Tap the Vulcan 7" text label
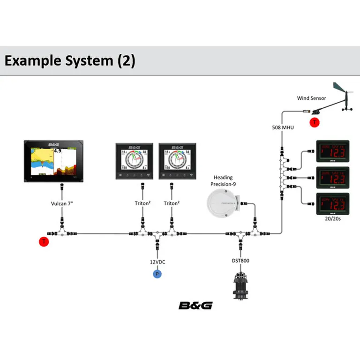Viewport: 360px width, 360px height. tap(61, 203)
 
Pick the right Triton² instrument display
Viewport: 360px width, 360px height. tap(178, 160)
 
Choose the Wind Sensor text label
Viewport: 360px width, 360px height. tap(311, 98)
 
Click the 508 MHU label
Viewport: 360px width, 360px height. tap(283, 127)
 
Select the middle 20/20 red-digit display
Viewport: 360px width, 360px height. tap(332, 177)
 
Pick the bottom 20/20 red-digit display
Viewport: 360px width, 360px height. tap(332, 203)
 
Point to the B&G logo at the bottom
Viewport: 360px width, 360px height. tap(195, 306)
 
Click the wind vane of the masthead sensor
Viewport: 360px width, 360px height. tap(341, 88)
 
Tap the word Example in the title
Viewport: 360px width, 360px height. tap(34, 60)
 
